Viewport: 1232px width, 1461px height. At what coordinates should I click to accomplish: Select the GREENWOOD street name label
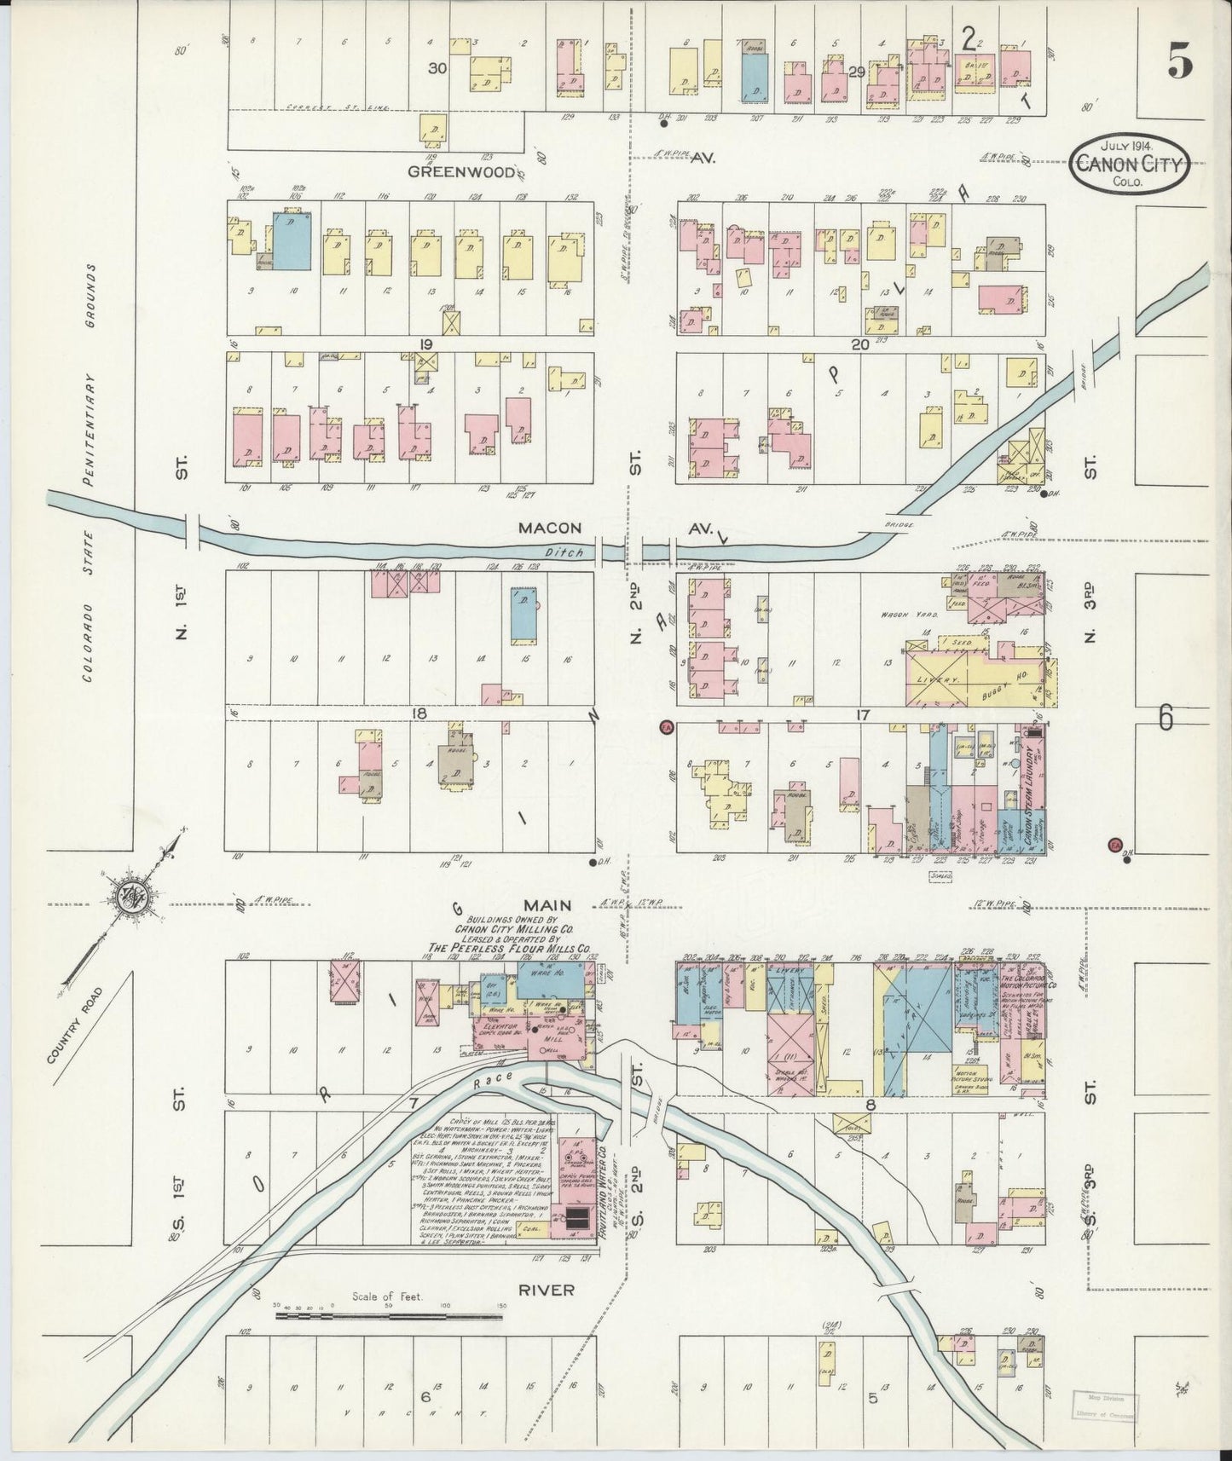460,171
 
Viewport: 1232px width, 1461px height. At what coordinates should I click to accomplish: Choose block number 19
426,344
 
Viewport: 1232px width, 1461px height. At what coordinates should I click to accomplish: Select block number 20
859,344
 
